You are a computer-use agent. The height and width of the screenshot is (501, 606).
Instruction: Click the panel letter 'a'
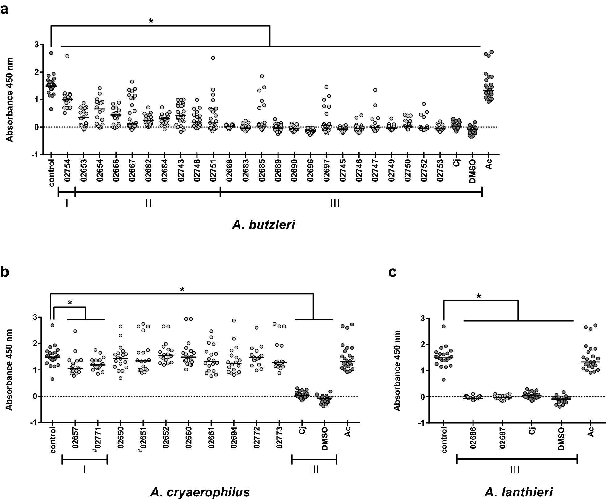(4, 9)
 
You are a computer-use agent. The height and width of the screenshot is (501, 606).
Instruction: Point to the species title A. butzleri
(263, 225)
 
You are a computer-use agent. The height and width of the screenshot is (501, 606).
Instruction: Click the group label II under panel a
(148, 203)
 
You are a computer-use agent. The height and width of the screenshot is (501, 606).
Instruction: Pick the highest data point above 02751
(213, 58)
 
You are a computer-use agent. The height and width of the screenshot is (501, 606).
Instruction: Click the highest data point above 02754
(67, 56)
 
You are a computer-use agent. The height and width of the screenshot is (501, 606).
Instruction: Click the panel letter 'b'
(5, 272)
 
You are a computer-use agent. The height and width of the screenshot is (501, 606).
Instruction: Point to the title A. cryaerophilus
(200, 492)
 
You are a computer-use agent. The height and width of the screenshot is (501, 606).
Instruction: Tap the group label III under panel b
(314, 469)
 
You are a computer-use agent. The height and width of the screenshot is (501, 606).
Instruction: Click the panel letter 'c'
(392, 272)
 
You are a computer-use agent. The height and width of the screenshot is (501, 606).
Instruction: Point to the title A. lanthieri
(519, 492)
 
